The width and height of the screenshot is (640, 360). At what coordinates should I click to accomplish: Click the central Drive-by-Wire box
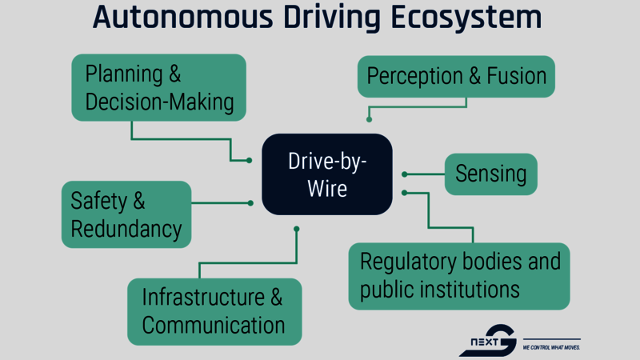click(x=327, y=174)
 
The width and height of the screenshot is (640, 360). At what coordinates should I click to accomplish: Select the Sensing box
click(x=490, y=174)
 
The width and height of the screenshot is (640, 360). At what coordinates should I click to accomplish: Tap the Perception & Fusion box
click(x=456, y=77)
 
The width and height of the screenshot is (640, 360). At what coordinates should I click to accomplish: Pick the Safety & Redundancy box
click(x=126, y=214)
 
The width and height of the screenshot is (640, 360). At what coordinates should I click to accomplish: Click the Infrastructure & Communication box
click(x=214, y=311)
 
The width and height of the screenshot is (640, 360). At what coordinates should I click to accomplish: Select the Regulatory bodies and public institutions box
click(x=459, y=275)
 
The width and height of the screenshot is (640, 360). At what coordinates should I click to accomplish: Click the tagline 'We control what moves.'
click(x=550, y=348)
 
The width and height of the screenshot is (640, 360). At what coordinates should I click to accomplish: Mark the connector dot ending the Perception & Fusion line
click(x=369, y=119)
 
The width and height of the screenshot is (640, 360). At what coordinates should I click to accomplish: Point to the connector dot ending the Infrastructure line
click(x=297, y=229)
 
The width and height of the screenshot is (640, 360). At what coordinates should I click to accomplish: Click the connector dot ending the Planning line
click(x=250, y=161)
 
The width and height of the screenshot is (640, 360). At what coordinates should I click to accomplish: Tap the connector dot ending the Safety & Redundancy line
click(x=250, y=203)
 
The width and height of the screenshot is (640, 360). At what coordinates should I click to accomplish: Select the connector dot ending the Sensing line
click(x=405, y=174)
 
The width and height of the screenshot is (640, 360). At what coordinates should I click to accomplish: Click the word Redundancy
click(x=126, y=230)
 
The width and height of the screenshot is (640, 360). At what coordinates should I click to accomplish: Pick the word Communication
click(x=214, y=326)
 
